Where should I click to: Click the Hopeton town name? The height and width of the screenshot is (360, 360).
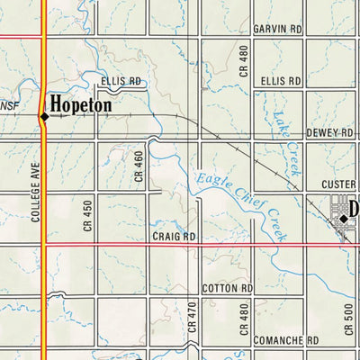coord(81,105)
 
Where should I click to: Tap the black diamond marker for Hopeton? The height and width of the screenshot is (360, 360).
coord(43,116)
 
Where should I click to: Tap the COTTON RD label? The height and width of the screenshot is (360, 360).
coord(228,288)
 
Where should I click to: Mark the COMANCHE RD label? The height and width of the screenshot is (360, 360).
coord(286,341)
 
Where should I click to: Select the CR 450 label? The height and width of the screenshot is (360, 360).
coord(87,213)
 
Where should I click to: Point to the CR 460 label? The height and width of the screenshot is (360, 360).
coord(139,166)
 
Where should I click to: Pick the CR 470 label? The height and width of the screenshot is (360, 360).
coord(193,320)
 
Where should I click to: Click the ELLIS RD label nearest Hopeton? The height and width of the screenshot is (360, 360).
coord(121,81)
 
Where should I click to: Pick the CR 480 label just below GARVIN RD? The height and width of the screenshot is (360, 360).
coord(243,59)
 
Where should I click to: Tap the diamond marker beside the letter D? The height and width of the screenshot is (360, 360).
coord(343,218)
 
